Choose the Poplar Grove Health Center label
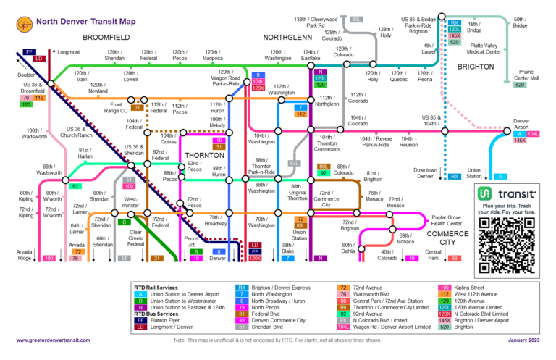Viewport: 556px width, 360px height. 451,220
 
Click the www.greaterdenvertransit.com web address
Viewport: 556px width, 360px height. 63,340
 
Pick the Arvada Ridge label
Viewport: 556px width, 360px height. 25,254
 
